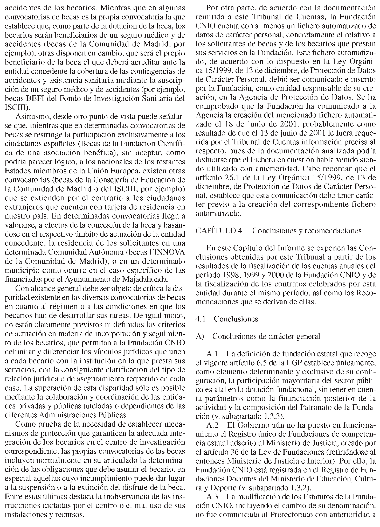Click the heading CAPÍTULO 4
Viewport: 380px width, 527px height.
219,231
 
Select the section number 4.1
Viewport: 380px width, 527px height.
201,319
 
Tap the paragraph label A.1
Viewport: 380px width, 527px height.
213,354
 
